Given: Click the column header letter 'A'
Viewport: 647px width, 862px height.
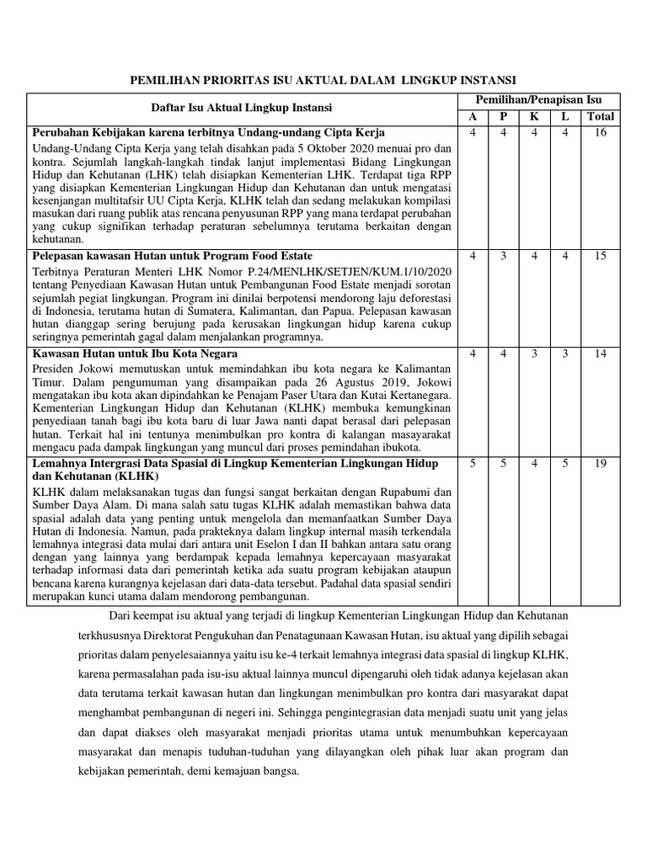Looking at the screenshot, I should (x=473, y=116).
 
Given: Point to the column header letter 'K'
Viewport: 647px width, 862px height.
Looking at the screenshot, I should (x=534, y=116).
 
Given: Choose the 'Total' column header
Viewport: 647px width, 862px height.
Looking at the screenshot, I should (x=600, y=116).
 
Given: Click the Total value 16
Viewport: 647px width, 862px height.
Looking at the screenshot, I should (x=600, y=133).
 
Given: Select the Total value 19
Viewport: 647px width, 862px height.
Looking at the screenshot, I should (x=600, y=463).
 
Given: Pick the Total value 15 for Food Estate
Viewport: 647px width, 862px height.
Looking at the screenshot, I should (x=600, y=256).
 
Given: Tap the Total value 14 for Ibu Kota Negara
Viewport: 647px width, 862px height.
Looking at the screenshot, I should (x=600, y=354).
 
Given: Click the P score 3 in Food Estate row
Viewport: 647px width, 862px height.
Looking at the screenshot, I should (x=503, y=256).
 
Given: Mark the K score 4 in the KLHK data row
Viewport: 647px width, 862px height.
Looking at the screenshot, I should (x=534, y=463).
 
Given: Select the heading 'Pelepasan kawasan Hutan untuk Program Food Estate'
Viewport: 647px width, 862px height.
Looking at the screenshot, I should (x=172, y=256).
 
